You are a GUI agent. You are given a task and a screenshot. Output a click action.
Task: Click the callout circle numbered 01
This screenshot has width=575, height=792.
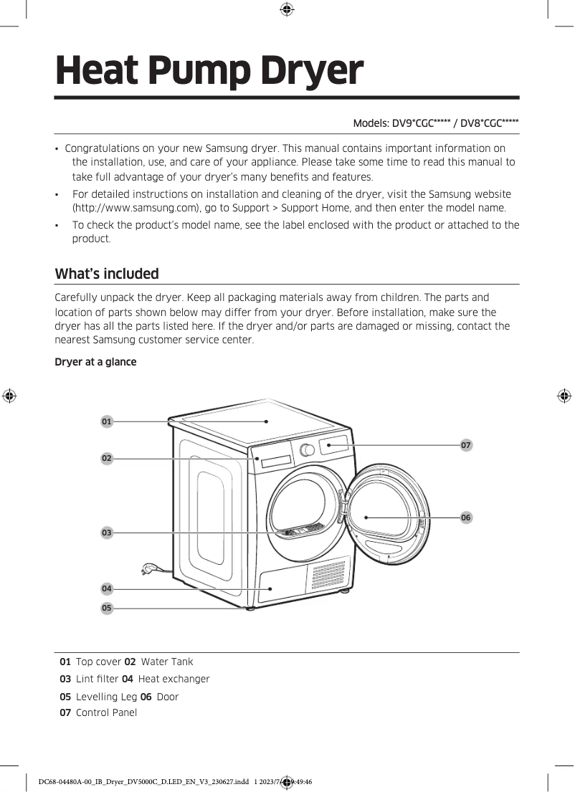point(107,421)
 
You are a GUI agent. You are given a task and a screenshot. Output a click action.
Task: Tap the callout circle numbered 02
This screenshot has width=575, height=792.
point(107,457)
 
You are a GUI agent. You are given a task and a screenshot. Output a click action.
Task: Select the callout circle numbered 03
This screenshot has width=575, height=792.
point(107,533)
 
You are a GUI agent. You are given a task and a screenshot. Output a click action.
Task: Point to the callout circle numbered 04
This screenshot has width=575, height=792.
point(107,588)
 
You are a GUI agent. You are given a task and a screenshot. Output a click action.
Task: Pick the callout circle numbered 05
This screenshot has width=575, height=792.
point(107,608)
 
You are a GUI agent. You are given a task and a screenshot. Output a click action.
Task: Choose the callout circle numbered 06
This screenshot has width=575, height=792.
point(466,517)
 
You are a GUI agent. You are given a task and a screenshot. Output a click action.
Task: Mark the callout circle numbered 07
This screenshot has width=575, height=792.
point(466,445)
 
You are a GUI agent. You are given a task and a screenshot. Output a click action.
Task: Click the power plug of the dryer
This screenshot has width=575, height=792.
point(148,570)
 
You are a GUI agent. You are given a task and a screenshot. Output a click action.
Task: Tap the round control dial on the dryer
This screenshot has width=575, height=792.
point(308,449)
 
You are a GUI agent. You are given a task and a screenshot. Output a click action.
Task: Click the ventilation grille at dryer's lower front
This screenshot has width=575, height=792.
point(329,575)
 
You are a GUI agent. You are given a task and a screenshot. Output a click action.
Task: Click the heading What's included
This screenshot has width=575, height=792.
point(107,274)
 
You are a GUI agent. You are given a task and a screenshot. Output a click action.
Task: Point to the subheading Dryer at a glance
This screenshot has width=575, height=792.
point(95,362)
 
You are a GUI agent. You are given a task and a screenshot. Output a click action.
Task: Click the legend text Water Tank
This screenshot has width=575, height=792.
point(167,662)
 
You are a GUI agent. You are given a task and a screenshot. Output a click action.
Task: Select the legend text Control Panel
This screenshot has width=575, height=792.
point(106,712)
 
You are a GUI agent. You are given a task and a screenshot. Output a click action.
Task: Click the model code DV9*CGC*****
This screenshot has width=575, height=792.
point(420,123)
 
